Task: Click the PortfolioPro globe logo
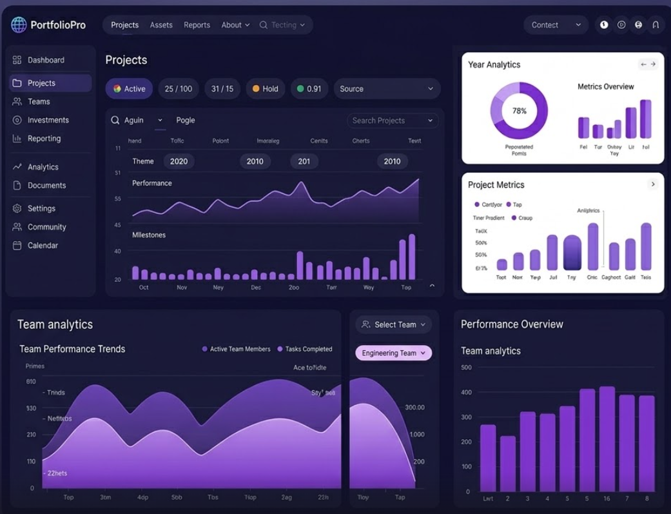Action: click(x=19, y=25)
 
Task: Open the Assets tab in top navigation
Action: click(x=161, y=25)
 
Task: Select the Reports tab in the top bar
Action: click(x=197, y=25)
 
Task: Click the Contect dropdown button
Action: click(x=556, y=25)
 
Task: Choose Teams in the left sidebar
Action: click(x=39, y=102)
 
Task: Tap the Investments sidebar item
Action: click(x=48, y=120)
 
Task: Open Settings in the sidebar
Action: click(x=41, y=208)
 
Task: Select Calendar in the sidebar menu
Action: click(x=43, y=246)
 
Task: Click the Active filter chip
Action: click(x=129, y=89)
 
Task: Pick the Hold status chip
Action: click(x=265, y=89)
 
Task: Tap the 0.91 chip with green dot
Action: click(x=309, y=89)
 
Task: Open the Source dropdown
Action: click(x=387, y=89)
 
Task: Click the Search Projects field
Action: click(x=392, y=121)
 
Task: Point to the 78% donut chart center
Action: click(x=519, y=111)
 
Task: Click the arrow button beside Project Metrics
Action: click(x=652, y=184)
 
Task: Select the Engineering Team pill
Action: click(x=393, y=353)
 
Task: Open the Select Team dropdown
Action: click(x=393, y=324)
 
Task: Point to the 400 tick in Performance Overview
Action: click(x=466, y=392)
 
